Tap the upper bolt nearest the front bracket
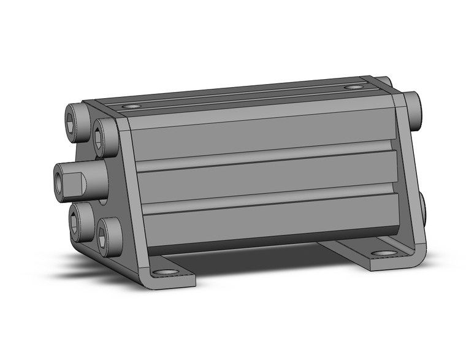pyautogui.click(x=104, y=136)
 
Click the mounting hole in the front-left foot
pyautogui.click(x=164, y=272)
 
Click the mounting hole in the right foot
pyautogui.click(x=384, y=253)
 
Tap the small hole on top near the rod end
pyautogui.click(x=131, y=106)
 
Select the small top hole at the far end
pyautogui.click(x=352, y=88)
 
